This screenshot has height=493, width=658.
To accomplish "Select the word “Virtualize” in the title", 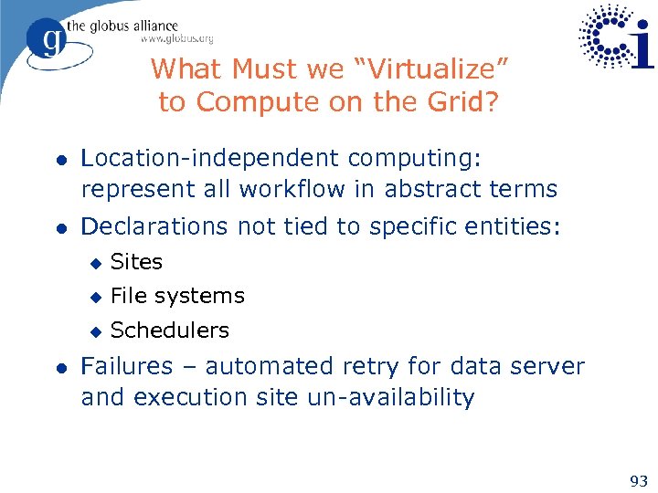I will pyautogui.click(x=434, y=69).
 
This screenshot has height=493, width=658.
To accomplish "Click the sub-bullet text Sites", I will pyautogui.click(x=136, y=262).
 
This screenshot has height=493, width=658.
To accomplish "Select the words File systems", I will pyautogui.click(x=177, y=296).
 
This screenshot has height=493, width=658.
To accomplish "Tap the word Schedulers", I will pyautogui.click(x=169, y=330).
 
